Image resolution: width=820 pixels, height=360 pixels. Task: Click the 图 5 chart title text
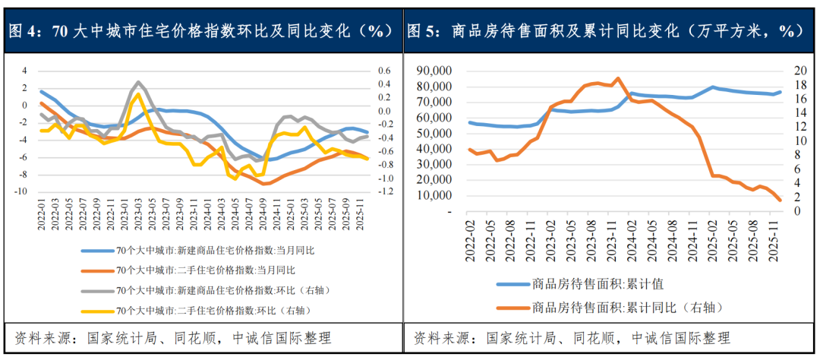pyautogui.click(x=604, y=31)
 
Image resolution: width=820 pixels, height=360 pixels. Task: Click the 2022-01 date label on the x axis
pyautogui.click(x=42, y=214)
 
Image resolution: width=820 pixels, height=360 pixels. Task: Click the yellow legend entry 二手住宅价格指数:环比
pyautogui.click(x=213, y=311)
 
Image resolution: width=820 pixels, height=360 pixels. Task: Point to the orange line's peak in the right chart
pyautogui.click(x=617, y=78)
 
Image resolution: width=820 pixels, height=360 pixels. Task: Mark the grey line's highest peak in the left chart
pyautogui.click(x=138, y=82)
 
